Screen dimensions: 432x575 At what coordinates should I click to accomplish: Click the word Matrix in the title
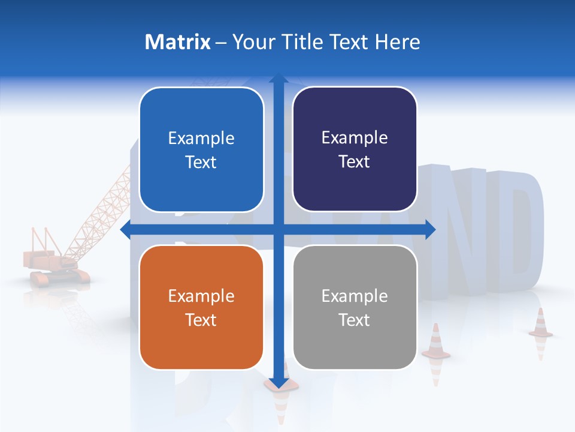pyautogui.click(x=178, y=42)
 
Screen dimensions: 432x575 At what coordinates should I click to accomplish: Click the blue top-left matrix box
pyautogui.click(x=201, y=149)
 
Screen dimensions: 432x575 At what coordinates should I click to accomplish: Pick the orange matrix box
pyautogui.click(x=201, y=307)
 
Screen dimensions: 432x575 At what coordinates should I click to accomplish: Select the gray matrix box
pyautogui.click(x=355, y=307)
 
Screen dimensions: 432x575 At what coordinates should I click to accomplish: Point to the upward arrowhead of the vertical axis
pyautogui.click(x=278, y=79)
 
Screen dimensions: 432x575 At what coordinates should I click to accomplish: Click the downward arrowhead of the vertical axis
pyautogui.click(x=278, y=382)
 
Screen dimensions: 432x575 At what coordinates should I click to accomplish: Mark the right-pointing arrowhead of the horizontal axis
pyautogui.click(x=430, y=229)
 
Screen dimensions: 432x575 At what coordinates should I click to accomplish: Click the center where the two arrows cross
pyautogui.click(x=278, y=229)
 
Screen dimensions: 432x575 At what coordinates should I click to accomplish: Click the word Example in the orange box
pyautogui.click(x=201, y=296)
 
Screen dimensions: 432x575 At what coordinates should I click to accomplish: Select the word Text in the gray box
pyautogui.click(x=355, y=320)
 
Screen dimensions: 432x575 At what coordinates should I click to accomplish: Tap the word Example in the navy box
pyautogui.click(x=355, y=138)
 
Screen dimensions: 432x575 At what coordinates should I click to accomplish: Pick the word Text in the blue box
pyautogui.click(x=201, y=162)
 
